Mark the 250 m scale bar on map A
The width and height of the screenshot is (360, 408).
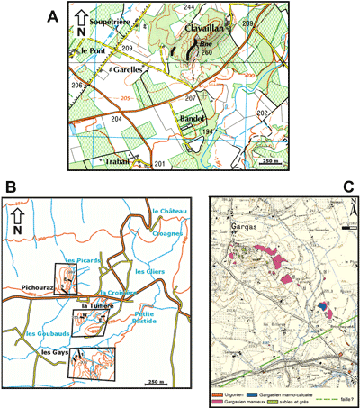(267, 159)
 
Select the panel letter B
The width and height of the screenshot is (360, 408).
(10, 187)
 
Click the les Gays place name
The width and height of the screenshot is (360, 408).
(57, 353)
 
